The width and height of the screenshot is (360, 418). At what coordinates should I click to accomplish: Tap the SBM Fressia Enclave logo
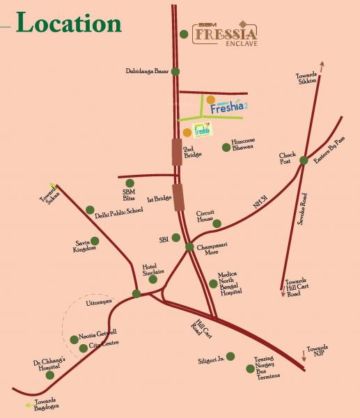pyautogui.click(x=226, y=33)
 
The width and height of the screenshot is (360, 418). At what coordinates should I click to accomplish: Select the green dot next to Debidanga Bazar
pyautogui.click(x=175, y=71)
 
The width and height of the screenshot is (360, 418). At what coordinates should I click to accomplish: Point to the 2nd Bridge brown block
pyautogui.click(x=177, y=152)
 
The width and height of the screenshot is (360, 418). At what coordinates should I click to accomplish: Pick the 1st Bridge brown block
pyautogui.click(x=179, y=196)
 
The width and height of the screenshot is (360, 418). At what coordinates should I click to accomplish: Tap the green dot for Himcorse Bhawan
pyautogui.click(x=225, y=147)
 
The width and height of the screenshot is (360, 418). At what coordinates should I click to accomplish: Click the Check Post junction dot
pyautogui.click(x=304, y=161)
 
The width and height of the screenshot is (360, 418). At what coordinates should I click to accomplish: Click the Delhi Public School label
pyautogui.click(x=118, y=210)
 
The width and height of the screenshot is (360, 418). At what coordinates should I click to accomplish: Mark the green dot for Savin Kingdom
pyautogui.click(x=95, y=241)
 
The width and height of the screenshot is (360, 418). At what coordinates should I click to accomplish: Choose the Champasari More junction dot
pyautogui.click(x=189, y=247)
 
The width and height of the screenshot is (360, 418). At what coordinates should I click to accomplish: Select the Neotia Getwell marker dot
pyautogui.click(x=75, y=339)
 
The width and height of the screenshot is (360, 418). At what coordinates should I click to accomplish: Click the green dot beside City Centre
pyautogui.click(x=84, y=348)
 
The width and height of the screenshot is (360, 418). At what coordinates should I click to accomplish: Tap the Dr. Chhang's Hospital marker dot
pyautogui.click(x=49, y=375)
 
